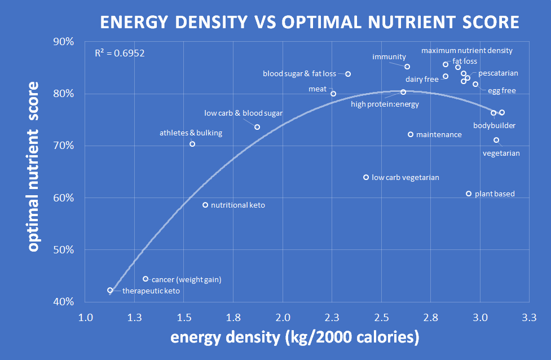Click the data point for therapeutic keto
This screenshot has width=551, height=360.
coord(111,290)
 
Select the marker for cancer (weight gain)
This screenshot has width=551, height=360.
coord(146,279)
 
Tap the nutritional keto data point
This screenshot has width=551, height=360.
coord(205,205)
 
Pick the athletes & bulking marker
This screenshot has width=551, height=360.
coord(192,144)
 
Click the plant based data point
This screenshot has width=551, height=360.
coord(469,194)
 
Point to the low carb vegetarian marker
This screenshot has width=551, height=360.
coord(366,177)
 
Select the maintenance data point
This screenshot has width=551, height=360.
coord(411,134)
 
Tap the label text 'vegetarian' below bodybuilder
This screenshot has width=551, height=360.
coord(501,153)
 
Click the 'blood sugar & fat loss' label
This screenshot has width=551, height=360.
coord(299,74)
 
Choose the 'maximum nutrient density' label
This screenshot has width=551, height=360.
coord(467,51)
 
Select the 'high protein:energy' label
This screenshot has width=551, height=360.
coord(385,104)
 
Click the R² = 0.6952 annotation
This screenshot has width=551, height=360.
coord(120,54)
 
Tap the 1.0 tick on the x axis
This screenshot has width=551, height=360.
coord(86,317)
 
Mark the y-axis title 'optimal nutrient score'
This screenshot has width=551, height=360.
coord(34,166)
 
